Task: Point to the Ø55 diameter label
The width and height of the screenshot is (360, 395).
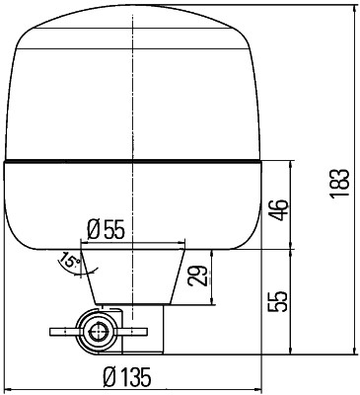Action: tap(107, 229)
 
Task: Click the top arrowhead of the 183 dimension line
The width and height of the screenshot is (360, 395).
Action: tap(352, 9)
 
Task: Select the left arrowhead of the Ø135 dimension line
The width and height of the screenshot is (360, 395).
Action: tap(8, 387)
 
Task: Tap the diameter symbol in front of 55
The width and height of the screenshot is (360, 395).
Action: tap(93, 229)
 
